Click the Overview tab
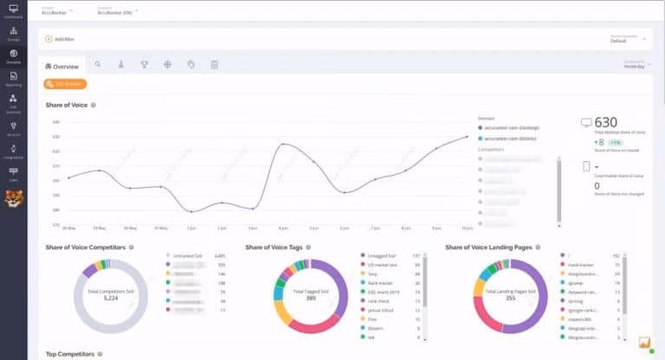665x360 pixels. [x=62, y=66]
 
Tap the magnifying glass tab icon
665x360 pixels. [x=98, y=65]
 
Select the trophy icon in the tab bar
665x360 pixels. [x=145, y=65]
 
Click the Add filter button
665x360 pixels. [x=60, y=39]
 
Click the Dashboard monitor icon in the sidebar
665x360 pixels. [x=13, y=11]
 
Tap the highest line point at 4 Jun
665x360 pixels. [x=282, y=145]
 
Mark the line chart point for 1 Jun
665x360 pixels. [x=190, y=211]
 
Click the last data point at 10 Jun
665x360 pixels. [x=467, y=137]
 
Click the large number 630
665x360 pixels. [x=606, y=122]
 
